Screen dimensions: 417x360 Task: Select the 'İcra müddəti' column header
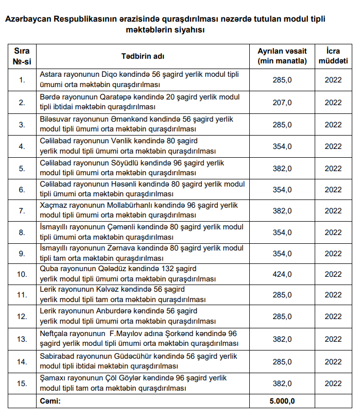click(x=333, y=56)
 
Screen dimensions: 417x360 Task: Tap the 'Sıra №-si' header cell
click(x=22, y=56)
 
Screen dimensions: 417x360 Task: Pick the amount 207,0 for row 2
click(x=282, y=103)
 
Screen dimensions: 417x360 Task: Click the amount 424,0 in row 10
click(x=282, y=274)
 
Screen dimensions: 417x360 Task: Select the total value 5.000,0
click(x=282, y=401)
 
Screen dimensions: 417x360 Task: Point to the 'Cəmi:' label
click(x=50, y=401)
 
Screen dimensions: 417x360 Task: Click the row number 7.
click(x=22, y=211)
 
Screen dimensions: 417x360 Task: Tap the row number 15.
click(x=22, y=383)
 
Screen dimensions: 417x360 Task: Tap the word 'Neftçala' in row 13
click(x=54, y=333)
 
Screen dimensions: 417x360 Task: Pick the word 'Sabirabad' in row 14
click(x=57, y=356)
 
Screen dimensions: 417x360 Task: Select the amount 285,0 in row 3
click(x=282, y=125)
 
